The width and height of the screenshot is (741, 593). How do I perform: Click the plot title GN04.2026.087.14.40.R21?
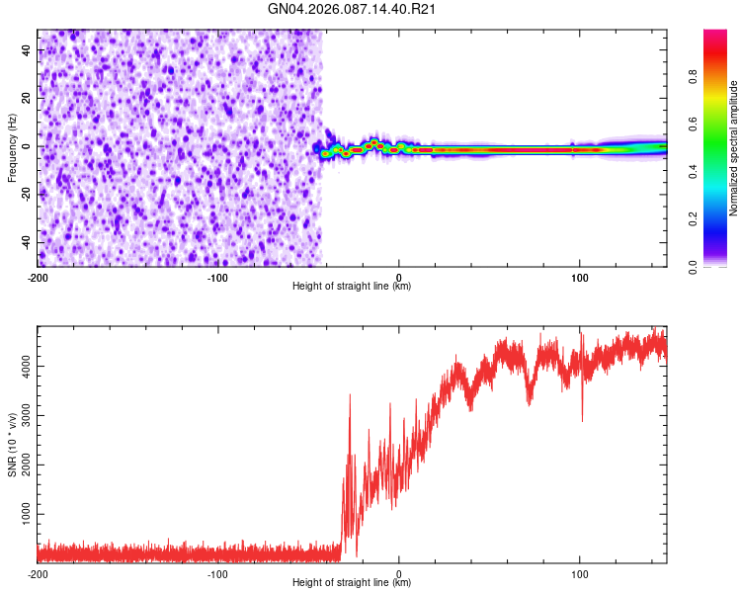352,10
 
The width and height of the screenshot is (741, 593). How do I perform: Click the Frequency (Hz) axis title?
12,148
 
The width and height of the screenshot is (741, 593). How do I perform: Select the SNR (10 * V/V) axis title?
12,445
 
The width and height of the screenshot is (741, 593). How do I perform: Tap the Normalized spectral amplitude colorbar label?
734,148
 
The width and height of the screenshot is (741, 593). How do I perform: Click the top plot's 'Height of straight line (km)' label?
352,286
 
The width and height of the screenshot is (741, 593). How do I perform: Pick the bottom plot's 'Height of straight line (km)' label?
352,582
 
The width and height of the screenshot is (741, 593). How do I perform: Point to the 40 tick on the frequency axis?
25,50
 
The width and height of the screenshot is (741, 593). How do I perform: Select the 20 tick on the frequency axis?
25,98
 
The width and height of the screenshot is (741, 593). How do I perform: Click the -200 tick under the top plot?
38,276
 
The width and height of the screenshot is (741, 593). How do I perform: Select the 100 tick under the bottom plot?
579,573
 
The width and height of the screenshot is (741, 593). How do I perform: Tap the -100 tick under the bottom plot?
217,573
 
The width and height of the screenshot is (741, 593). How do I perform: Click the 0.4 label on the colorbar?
694,172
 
